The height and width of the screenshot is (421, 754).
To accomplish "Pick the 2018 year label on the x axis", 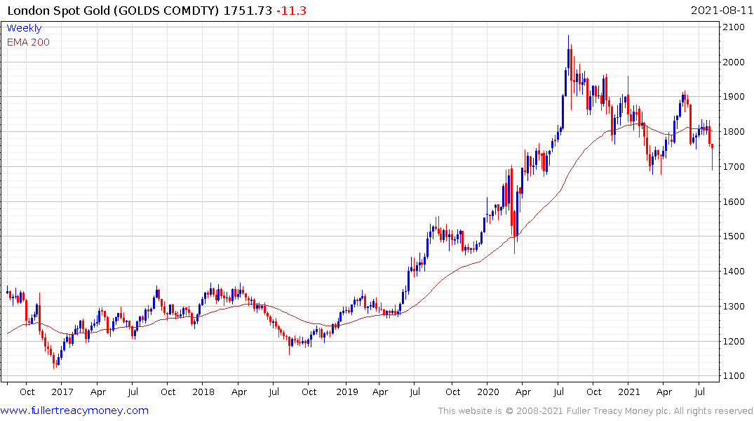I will tap(203, 392).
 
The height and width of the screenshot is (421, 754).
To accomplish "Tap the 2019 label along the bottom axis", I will tap(346, 392).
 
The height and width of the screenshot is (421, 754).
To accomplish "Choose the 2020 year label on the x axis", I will tap(487, 392).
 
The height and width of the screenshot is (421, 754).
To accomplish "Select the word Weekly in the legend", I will tap(24, 28).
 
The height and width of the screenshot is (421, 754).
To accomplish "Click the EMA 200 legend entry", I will tap(28, 42).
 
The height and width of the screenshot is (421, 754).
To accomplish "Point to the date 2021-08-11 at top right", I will tap(720, 11).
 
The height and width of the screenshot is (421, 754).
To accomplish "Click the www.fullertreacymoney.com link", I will tap(74, 410).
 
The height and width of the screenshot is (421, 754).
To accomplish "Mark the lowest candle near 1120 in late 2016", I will tap(55, 361).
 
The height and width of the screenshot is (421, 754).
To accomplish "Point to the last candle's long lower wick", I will tap(712, 160).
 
